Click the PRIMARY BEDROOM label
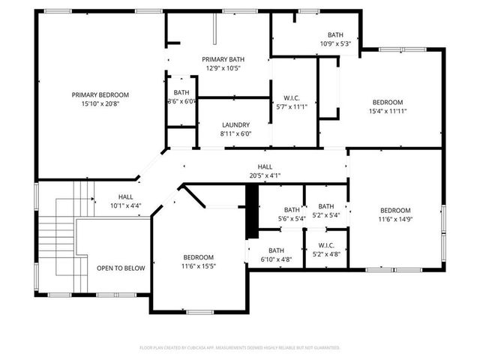click(x=100, y=95)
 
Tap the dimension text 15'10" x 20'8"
click(x=100, y=103)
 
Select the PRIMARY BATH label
click(x=223, y=59)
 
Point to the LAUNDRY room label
click(x=235, y=125)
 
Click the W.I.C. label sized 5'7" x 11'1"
click(x=292, y=98)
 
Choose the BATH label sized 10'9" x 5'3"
click(x=335, y=35)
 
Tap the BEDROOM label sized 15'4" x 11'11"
click(x=388, y=102)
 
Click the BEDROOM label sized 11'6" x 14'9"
click(x=395, y=210)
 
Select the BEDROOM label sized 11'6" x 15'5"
click(x=198, y=257)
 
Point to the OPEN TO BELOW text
click(x=121, y=268)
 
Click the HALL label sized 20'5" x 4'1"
click(x=265, y=166)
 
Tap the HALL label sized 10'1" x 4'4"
click(x=126, y=196)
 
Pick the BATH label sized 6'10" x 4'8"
click(x=276, y=250)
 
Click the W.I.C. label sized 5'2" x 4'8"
click(x=326, y=245)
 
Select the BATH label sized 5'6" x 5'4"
click(x=292, y=210)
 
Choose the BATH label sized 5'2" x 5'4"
click(x=326, y=206)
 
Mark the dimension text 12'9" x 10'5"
click(x=223, y=68)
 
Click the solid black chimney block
click(x=252, y=211)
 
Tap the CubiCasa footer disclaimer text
click(x=240, y=348)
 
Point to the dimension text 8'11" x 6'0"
click(x=235, y=133)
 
